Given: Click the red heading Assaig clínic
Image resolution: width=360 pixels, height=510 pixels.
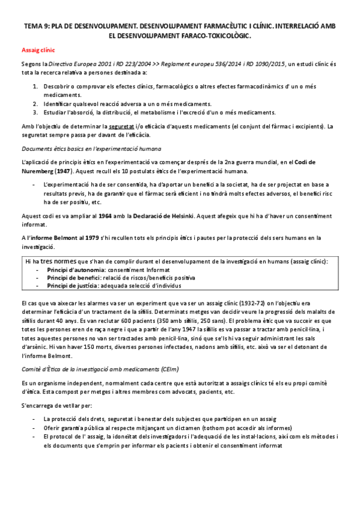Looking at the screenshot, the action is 38,51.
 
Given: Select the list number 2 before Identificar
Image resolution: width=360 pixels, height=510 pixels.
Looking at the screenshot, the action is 35,103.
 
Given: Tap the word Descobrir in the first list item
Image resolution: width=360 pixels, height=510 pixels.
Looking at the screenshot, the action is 56,87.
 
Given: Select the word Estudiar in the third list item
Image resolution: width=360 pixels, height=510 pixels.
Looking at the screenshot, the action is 55,112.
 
